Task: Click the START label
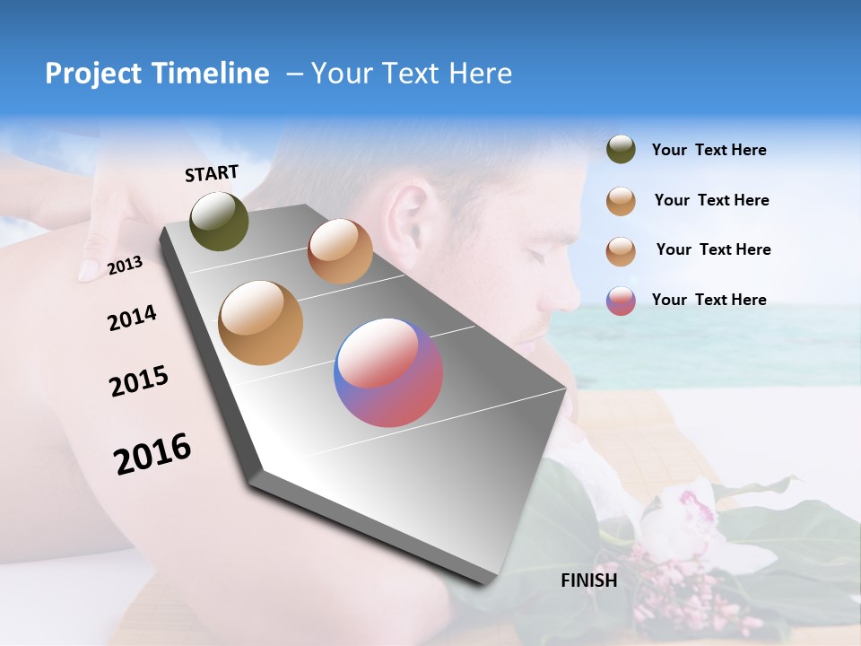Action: (x=212, y=173)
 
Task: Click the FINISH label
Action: (x=588, y=581)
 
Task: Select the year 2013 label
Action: (x=125, y=266)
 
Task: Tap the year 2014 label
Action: (x=132, y=319)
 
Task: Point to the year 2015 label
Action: (x=139, y=381)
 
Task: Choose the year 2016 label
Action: (x=152, y=454)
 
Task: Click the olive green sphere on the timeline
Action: (x=219, y=222)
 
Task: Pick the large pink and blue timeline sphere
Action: (x=388, y=372)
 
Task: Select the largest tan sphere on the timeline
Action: (x=260, y=323)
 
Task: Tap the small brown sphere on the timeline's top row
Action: (x=340, y=251)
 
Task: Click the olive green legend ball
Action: (x=621, y=149)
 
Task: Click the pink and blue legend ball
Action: (x=621, y=301)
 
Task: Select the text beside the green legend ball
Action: (x=709, y=150)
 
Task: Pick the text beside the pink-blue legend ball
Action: (x=709, y=300)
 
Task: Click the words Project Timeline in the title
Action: (x=157, y=74)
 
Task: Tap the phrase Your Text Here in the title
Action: (x=411, y=74)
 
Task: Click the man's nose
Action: (x=570, y=292)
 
